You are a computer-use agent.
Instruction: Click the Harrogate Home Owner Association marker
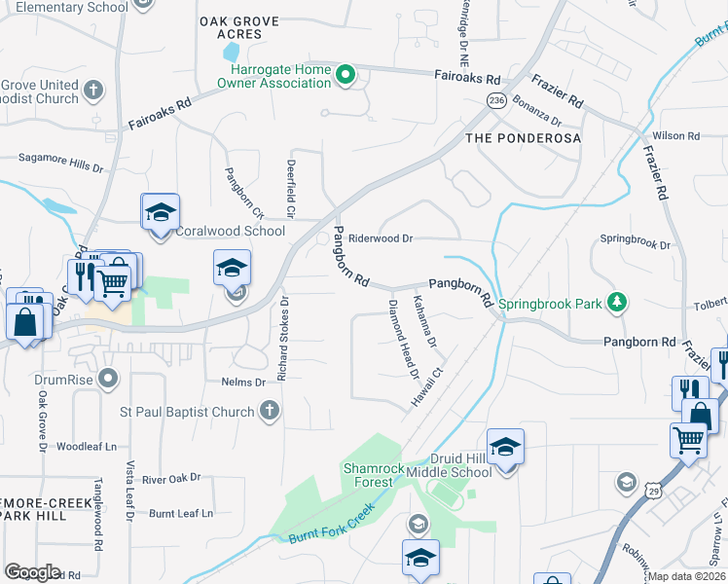pyautogui.click(x=345, y=75)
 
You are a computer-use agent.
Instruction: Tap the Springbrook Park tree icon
pyautogui.click(x=615, y=303)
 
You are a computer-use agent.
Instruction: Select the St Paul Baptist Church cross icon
pyautogui.click(x=269, y=412)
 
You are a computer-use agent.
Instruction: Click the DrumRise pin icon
pyautogui.click(x=107, y=377)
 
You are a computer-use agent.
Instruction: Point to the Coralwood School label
pyautogui.click(x=230, y=232)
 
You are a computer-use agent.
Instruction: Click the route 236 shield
pyautogui.click(x=496, y=100)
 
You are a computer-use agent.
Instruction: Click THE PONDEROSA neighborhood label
pyautogui.click(x=523, y=138)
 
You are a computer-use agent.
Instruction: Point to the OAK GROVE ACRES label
pyautogui.click(x=238, y=27)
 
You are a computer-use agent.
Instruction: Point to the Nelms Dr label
pyautogui.click(x=243, y=383)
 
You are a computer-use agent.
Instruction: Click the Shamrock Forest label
pyautogui.click(x=374, y=475)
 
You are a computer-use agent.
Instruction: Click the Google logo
pyautogui.click(x=32, y=572)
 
